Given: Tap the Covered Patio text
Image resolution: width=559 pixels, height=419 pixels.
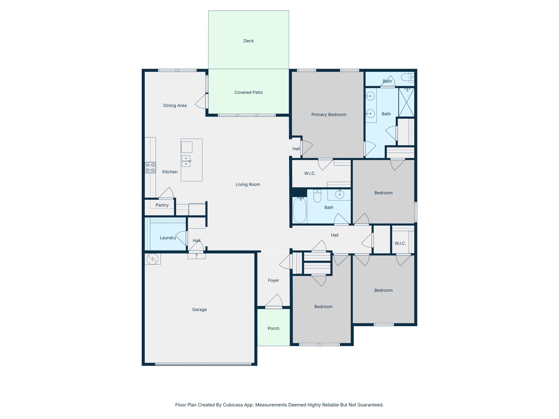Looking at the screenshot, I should [x=248, y=92].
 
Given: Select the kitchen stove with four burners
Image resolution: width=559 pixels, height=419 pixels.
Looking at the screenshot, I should [x=150, y=167].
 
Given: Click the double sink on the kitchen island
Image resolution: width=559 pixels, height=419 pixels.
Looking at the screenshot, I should [x=186, y=161].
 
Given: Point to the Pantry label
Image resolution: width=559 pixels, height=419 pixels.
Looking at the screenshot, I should [x=162, y=205].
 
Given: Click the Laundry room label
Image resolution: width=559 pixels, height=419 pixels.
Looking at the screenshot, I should [x=168, y=238].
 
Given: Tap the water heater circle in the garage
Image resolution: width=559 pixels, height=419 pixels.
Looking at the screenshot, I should [x=152, y=259].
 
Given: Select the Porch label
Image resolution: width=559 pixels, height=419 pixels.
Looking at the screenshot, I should [x=273, y=328].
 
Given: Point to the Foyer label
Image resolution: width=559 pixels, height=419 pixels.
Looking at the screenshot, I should [x=273, y=280].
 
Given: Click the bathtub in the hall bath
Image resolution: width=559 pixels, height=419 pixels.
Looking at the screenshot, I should [x=300, y=210].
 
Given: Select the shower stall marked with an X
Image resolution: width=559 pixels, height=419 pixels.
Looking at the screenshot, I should [x=406, y=102].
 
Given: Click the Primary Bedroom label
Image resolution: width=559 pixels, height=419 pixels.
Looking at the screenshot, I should [x=329, y=115].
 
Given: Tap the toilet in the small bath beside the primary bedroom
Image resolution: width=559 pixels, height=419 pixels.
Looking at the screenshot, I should [x=407, y=77].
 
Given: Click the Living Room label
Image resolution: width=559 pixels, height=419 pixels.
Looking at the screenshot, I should [x=248, y=184].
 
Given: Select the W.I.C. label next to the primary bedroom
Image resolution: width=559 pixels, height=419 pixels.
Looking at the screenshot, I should [x=310, y=173].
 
